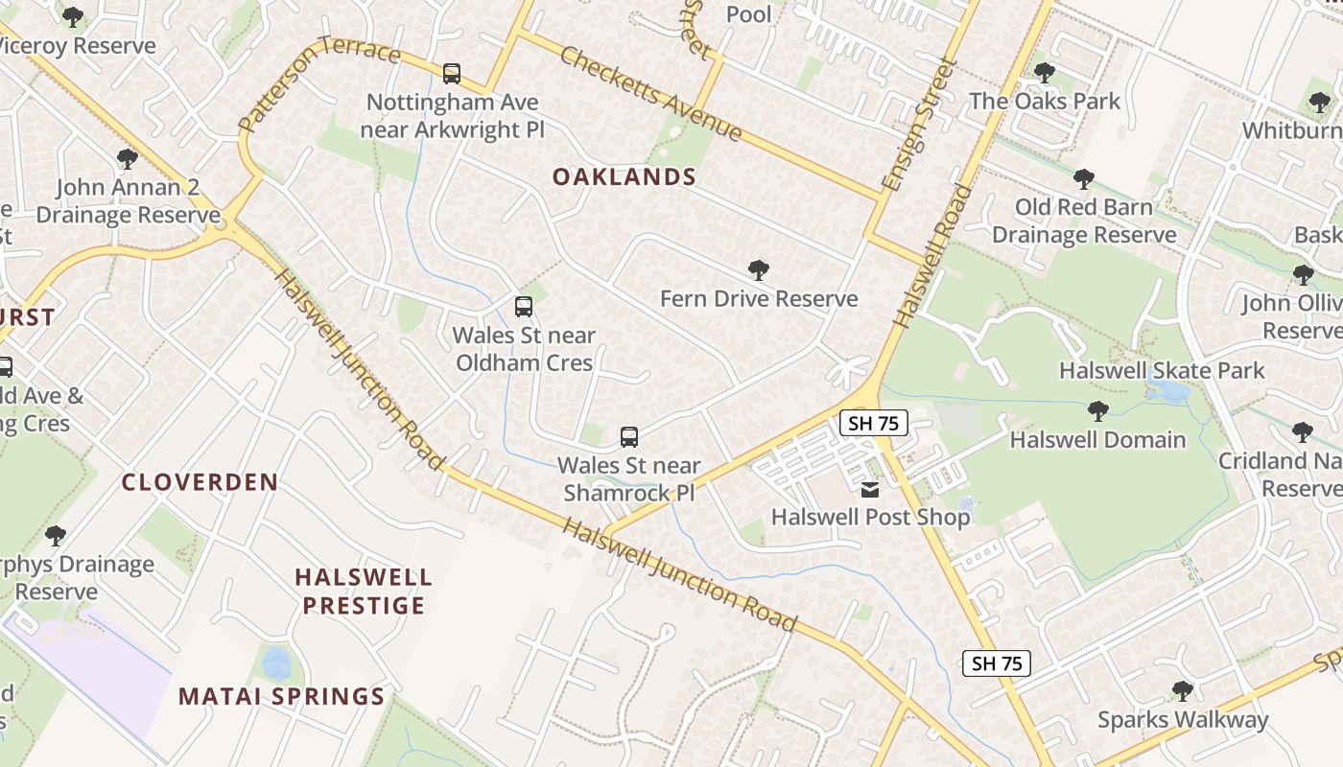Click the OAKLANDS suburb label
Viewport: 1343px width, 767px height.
pos(624,176)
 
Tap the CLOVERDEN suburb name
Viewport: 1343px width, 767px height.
pos(200,482)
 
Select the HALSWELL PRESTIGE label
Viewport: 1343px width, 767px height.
pos(363,592)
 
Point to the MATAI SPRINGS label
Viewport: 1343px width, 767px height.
pos(282,697)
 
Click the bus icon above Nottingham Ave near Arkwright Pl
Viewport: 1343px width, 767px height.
pos(451,73)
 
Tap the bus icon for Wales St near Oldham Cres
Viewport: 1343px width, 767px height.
pos(523,307)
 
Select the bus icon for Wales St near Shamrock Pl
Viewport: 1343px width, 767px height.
pos(629,437)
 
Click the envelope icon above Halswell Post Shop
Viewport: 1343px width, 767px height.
pos(870,490)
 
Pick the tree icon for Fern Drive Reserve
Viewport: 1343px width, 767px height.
pos(758,270)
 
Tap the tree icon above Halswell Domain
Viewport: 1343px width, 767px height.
pos(1098,411)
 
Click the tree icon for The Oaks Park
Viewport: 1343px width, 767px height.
pos(1045,73)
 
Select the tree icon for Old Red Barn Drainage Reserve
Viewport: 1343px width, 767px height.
pos(1084,178)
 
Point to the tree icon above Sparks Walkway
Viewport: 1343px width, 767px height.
pos(1183,691)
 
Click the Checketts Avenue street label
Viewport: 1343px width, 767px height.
pos(651,93)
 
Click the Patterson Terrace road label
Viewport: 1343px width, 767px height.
pos(318,81)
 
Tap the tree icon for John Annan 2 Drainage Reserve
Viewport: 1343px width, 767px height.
pos(127,159)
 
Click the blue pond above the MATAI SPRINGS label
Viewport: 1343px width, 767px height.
pos(276,662)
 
